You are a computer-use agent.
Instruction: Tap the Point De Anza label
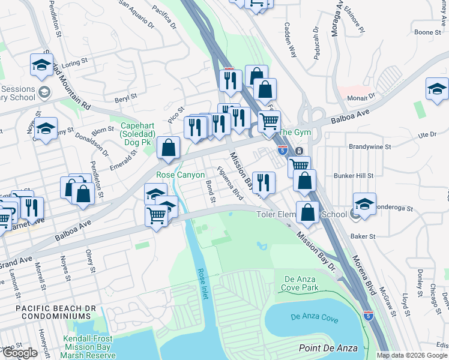pos(328,349)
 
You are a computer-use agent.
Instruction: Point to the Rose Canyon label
pos(181,175)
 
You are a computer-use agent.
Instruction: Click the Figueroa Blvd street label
pos(230,183)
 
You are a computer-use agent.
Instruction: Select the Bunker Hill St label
pos(354,176)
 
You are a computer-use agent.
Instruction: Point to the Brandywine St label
pos(370,146)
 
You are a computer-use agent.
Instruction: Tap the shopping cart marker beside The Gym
pos(270,122)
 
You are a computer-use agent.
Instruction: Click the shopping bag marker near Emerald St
pos(170,147)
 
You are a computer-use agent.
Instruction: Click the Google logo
pos(20,353)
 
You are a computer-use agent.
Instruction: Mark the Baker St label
pos(364,236)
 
